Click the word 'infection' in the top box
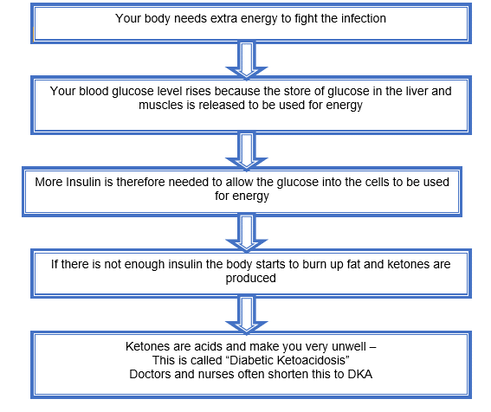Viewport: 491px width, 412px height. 364,18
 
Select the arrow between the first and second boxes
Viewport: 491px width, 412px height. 247,60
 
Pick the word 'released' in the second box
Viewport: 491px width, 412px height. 222,105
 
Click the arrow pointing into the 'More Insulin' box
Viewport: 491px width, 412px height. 247,151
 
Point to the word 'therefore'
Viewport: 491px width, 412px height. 140,182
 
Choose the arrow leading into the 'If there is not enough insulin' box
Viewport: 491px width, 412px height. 247,233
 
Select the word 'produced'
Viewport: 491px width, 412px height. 250,279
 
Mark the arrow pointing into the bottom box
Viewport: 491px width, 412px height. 247,314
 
